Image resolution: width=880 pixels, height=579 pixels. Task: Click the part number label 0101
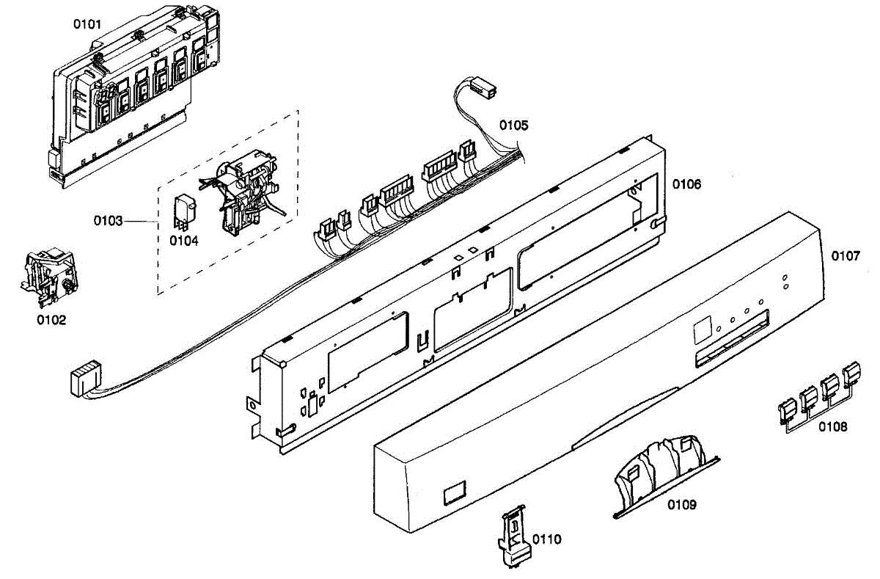pyautogui.click(x=87, y=24)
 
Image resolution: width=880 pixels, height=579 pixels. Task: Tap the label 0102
pyautogui.click(x=52, y=320)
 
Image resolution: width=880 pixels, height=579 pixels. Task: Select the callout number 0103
pyautogui.click(x=108, y=220)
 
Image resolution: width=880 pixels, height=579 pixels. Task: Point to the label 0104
pyautogui.click(x=183, y=240)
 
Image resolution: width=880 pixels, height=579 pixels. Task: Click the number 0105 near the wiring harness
pyautogui.click(x=513, y=125)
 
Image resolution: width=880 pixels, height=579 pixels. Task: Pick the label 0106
pyautogui.click(x=686, y=184)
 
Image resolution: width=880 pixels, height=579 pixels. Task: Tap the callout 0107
pyautogui.click(x=845, y=256)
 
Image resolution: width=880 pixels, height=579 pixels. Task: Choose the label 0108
pyautogui.click(x=833, y=426)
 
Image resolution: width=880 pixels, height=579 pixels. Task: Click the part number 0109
pyautogui.click(x=681, y=505)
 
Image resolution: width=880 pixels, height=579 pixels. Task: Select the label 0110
pyautogui.click(x=546, y=539)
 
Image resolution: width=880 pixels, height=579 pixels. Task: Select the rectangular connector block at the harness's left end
pyautogui.click(x=82, y=380)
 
